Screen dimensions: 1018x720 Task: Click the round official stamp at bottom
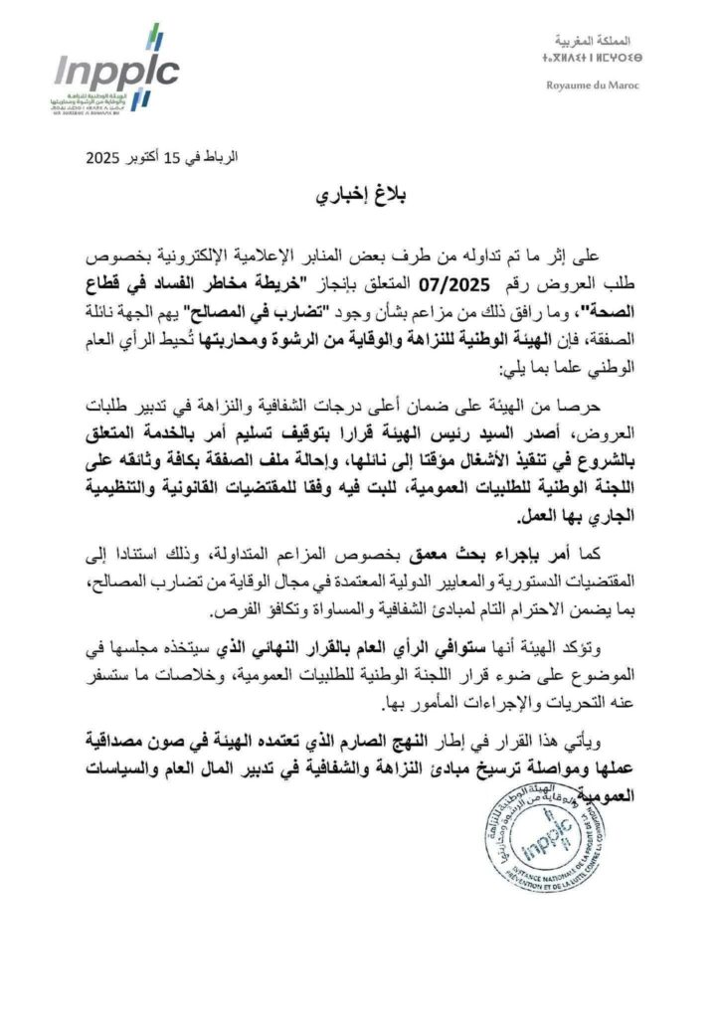(543, 834)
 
